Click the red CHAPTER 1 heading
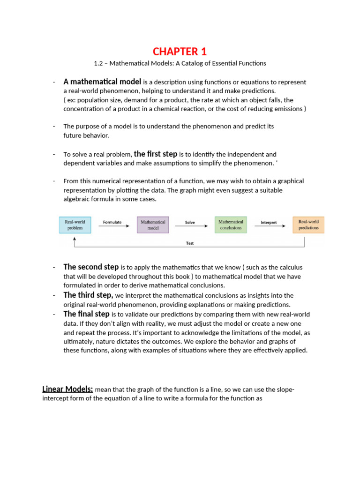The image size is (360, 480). click(x=180, y=51)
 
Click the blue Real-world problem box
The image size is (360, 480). click(x=75, y=225)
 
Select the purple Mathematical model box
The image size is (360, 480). click(x=153, y=225)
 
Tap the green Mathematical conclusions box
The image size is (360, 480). click(x=231, y=225)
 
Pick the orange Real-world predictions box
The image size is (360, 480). click(x=308, y=225)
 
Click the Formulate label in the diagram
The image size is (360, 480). click(x=112, y=222)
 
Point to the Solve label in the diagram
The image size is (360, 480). click(x=190, y=222)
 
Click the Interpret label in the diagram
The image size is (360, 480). click(x=269, y=222)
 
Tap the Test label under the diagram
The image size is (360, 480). click(x=190, y=243)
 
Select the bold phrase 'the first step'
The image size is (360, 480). click(x=156, y=154)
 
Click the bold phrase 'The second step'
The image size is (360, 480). click(x=91, y=267)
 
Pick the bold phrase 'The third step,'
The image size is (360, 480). click(x=88, y=295)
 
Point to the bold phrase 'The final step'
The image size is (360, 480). click(x=87, y=314)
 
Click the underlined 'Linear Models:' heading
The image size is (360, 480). click(x=67, y=389)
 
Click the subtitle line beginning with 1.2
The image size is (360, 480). click(x=180, y=63)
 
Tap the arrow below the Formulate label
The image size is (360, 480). click(x=113, y=227)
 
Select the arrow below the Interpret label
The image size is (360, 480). click(x=269, y=227)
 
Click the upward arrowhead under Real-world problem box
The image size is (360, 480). click(x=75, y=238)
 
